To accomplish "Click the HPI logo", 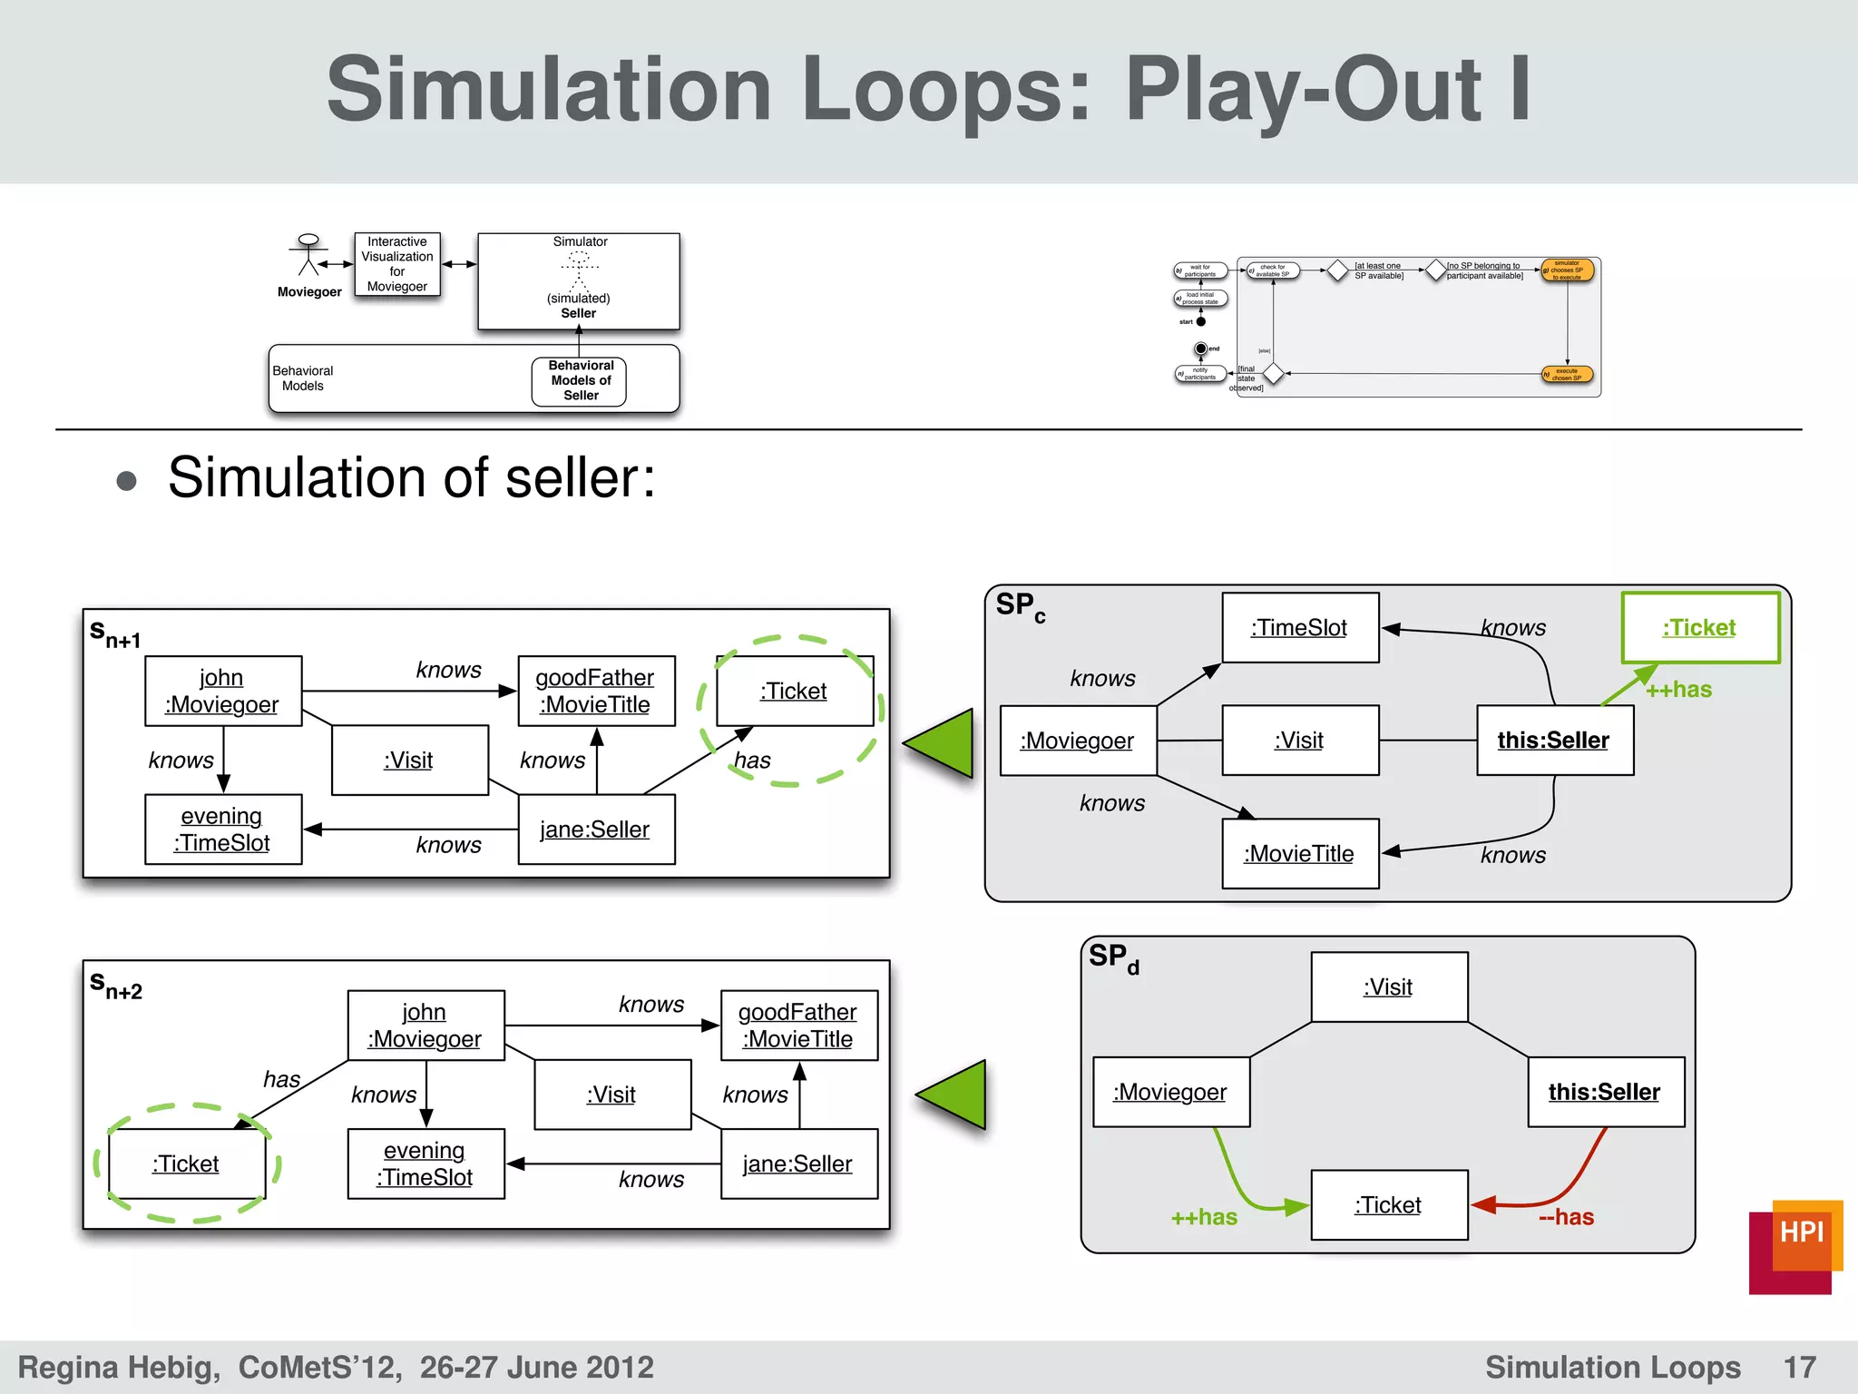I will click(1795, 1245).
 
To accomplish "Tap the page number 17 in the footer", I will click(1799, 1367).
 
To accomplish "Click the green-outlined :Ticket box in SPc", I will click(1699, 627).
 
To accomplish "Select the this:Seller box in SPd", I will click(1604, 1091).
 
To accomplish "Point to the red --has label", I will click(1567, 1217).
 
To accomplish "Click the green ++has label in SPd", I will click(1204, 1218).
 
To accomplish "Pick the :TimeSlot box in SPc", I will click(1299, 627).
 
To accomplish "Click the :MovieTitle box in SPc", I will click(1299, 853).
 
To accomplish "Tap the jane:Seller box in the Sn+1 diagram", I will click(595, 829).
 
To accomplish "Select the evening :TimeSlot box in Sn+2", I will click(425, 1163).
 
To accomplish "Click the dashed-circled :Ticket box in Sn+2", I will click(186, 1163).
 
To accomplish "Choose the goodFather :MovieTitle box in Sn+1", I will click(595, 691).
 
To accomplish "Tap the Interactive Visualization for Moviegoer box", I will click(397, 264).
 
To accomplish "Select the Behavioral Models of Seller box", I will click(581, 381).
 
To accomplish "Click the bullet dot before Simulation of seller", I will click(127, 480).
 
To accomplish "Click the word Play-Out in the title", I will click(1303, 89).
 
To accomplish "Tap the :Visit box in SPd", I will click(1388, 987).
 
